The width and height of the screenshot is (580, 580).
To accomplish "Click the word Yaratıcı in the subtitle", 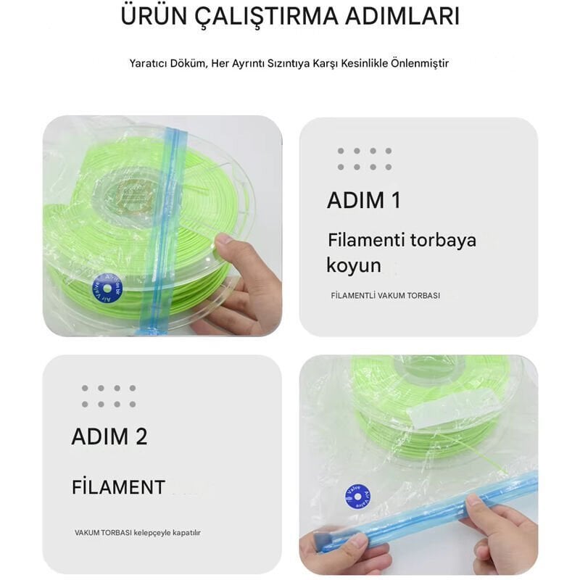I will (148, 63).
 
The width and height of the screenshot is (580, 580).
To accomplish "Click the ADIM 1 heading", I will (363, 200).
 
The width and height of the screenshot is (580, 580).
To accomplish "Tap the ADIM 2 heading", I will (109, 436).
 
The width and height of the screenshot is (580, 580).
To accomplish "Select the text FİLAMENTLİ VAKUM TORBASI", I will (385, 296).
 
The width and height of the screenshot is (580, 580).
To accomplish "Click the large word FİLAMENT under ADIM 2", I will (118, 487).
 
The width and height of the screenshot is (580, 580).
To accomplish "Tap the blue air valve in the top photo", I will (107, 287).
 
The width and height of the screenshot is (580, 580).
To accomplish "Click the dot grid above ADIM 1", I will (364, 159).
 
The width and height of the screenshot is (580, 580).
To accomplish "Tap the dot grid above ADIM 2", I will (108, 396).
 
